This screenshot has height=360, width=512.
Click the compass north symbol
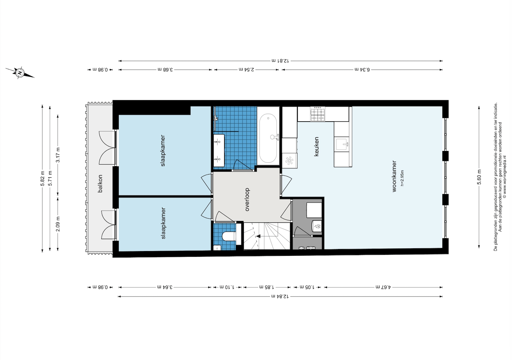pyautogui.click(x=20, y=73)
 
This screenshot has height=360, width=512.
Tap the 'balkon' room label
pyautogui.click(x=100, y=183)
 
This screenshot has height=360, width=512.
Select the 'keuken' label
pyautogui.click(x=316, y=147)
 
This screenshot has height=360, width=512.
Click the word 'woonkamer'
pyautogui.click(x=394, y=176)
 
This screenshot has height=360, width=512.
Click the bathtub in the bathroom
pyautogui.click(x=268, y=139)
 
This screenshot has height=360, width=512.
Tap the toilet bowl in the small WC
pyautogui.click(x=229, y=236)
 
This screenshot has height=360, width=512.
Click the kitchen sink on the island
pyautogui.click(x=342, y=144)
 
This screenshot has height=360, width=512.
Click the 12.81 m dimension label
pyautogui.click(x=280, y=61)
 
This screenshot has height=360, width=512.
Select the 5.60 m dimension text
pyautogui.click(x=479, y=177)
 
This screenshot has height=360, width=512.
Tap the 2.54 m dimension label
pyautogui.click(x=246, y=69)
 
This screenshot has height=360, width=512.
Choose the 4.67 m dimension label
pyautogui.click(x=383, y=287)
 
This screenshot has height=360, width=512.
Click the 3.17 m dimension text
pyautogui.click(x=58, y=155)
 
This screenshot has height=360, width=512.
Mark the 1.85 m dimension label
pyautogui.click(x=267, y=287)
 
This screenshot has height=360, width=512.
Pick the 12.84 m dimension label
pyautogui.click(x=280, y=296)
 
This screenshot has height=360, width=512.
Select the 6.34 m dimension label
pyautogui.click(x=362, y=69)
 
